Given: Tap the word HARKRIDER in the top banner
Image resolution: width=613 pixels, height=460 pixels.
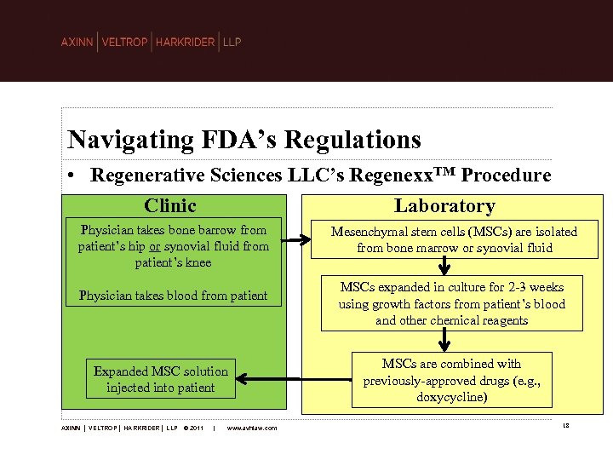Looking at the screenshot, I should point(186,43).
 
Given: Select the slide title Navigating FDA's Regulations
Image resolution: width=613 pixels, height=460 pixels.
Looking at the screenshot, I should point(244,139).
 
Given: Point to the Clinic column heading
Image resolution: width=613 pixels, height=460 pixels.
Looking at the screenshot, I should point(170,206).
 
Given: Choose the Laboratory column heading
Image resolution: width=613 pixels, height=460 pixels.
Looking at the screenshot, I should point(444,206).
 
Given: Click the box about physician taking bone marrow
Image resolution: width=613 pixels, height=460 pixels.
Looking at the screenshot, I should point(174,246).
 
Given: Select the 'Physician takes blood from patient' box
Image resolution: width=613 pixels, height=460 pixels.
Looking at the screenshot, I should point(174,296).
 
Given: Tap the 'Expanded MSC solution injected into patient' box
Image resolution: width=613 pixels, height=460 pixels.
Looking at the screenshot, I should point(161,379).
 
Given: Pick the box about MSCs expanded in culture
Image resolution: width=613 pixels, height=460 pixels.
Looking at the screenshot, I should point(451,303).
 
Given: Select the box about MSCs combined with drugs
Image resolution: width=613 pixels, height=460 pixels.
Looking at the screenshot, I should point(451,381).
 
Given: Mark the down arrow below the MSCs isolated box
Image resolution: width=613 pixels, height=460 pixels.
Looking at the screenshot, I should point(444,267).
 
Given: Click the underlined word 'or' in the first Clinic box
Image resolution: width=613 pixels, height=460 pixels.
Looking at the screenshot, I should point(154,246).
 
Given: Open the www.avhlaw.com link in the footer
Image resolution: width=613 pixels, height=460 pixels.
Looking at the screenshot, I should point(252,428).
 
